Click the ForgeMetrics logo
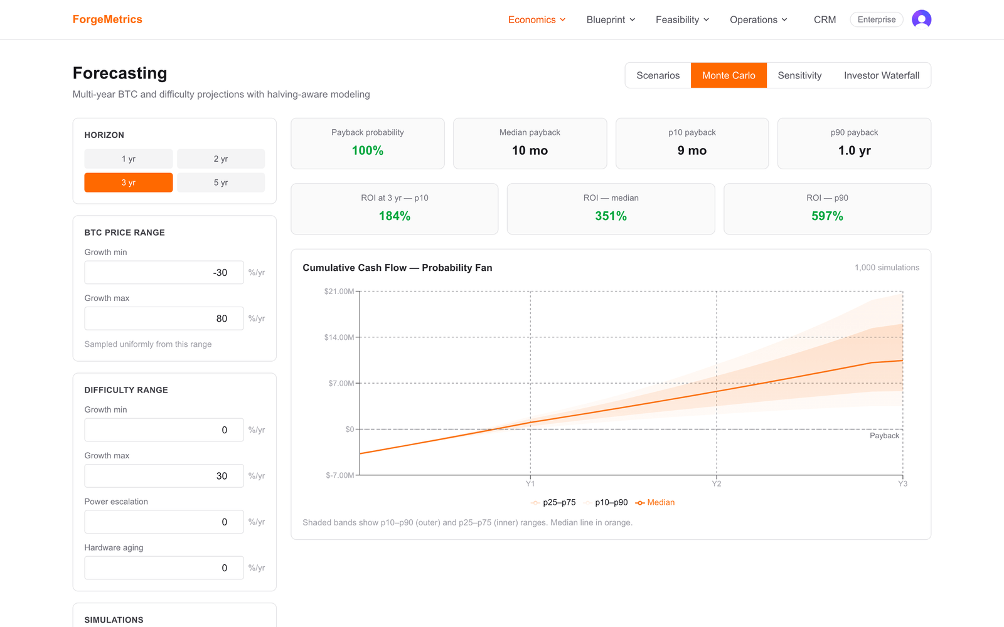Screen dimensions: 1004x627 [107, 19]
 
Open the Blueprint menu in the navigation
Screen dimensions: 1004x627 [611, 19]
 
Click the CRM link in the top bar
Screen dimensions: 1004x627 [825, 19]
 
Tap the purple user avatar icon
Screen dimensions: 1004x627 [922, 19]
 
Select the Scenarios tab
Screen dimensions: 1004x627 [658, 75]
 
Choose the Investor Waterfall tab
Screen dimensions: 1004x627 [881, 75]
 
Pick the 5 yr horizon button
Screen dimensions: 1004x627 [220, 182]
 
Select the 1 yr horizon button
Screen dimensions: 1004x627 [128, 159]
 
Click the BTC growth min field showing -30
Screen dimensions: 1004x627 [164, 272]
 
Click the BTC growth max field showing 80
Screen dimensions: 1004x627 [164, 319]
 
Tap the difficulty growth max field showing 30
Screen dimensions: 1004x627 [164, 476]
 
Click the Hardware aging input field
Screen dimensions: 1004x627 [164, 568]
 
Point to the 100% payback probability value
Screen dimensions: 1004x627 [368, 150]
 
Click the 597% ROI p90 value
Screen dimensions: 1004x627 [827, 216]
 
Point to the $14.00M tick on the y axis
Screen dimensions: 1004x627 [339, 337]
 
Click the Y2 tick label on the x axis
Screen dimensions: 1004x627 [716, 483]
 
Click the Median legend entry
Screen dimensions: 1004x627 [655, 502]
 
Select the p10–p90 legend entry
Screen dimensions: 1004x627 [606, 502]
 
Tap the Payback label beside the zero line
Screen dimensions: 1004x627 [884, 436]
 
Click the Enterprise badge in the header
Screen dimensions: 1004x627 [876, 19]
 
